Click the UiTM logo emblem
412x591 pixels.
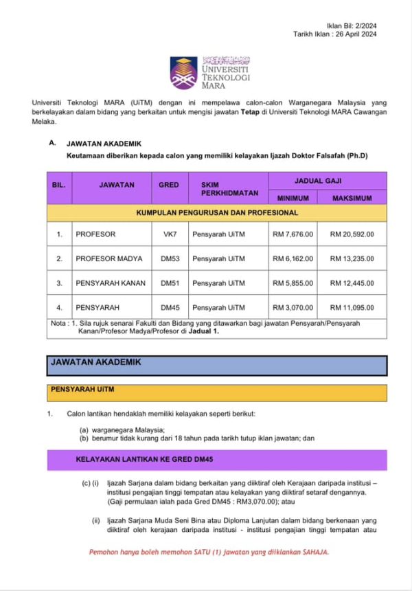[x=183, y=72]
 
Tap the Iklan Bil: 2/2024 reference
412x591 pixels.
[x=358, y=24]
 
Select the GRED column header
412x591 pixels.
[x=168, y=185]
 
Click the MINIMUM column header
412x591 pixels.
[x=293, y=198]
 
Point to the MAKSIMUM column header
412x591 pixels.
[x=352, y=198]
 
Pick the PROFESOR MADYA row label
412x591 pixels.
[x=109, y=258]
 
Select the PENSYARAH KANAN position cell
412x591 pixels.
[x=110, y=282]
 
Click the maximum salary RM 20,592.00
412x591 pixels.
[x=352, y=234]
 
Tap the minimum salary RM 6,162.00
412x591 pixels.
[x=293, y=258]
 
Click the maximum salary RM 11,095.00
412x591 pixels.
[x=352, y=306]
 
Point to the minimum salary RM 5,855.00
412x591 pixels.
[x=293, y=282]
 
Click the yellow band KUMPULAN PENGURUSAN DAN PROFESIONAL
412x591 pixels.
[x=216, y=213]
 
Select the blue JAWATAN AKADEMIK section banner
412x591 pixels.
[x=216, y=365]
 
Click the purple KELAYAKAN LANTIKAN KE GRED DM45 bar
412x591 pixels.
[x=216, y=459]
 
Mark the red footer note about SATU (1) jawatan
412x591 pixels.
[x=209, y=552]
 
